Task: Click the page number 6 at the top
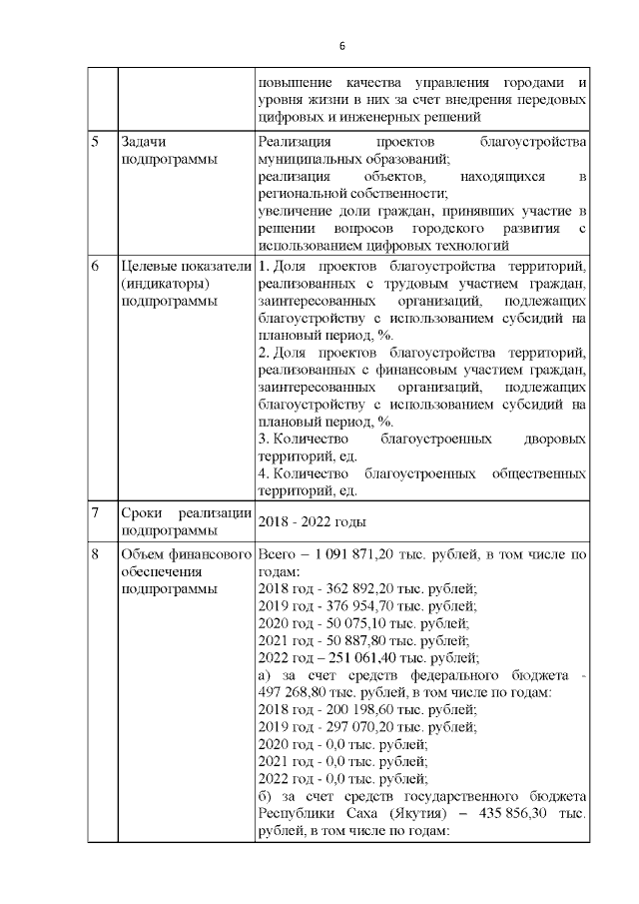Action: coord(341,46)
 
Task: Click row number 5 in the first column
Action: coord(95,142)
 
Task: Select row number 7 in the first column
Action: coord(95,513)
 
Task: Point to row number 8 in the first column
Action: coord(95,553)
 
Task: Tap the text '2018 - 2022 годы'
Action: coord(312,522)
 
